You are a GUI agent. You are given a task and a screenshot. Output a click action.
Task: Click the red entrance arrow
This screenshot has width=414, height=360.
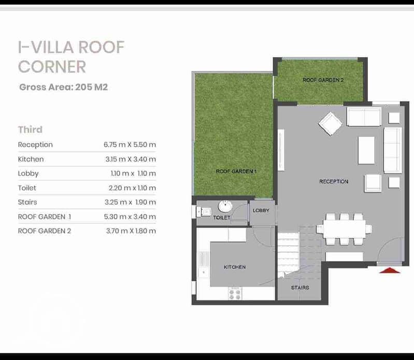pyautogui.click(x=390, y=270)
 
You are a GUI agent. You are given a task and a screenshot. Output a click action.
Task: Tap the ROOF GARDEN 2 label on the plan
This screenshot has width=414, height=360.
pyautogui.click(x=323, y=80)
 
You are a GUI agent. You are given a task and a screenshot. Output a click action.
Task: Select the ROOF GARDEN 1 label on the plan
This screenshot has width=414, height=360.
pyautogui.click(x=236, y=171)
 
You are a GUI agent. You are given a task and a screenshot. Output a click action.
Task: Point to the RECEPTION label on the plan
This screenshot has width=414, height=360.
pyautogui.click(x=334, y=182)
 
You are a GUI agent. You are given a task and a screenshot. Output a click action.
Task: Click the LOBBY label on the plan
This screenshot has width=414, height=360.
pyautogui.click(x=261, y=210)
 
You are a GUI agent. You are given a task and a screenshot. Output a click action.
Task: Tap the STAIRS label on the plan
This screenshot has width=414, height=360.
pyautogui.click(x=300, y=287)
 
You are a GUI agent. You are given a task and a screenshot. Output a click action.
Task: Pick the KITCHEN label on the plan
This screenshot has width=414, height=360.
pyautogui.click(x=235, y=267)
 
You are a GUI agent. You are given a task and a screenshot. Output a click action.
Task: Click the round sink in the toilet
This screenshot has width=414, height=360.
pyautogui.click(x=225, y=206)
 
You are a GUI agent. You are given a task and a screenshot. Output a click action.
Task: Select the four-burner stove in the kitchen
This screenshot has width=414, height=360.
pyautogui.click(x=235, y=294)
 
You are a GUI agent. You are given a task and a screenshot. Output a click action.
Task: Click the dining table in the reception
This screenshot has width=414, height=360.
pyautogui.click(x=344, y=229)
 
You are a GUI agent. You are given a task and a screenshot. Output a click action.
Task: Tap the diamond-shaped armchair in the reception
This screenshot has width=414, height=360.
pyautogui.click(x=330, y=124)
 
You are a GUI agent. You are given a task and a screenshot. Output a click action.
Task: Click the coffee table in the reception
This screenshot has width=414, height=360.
pyautogui.click(x=366, y=150)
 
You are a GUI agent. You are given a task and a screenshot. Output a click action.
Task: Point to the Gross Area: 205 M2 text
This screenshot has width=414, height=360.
pyautogui.click(x=64, y=87)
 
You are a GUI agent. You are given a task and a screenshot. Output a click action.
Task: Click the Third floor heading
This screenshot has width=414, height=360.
pyautogui.click(x=30, y=129)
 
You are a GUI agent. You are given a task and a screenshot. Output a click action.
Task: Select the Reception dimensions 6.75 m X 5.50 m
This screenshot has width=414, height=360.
pyautogui.click(x=130, y=145)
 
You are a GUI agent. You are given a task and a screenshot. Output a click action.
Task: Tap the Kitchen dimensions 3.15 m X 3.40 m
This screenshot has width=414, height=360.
pyautogui.click(x=131, y=159)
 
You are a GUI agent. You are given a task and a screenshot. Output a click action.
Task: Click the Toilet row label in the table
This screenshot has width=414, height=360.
pyautogui.click(x=27, y=188)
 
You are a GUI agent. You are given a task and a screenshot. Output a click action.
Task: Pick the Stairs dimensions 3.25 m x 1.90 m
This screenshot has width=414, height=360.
pyautogui.click(x=130, y=202)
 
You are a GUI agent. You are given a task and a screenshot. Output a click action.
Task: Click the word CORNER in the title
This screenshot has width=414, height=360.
pyautogui.click(x=52, y=66)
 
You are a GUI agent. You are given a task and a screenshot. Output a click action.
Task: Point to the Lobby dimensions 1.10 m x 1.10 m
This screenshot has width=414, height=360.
pyautogui.click(x=133, y=174)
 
